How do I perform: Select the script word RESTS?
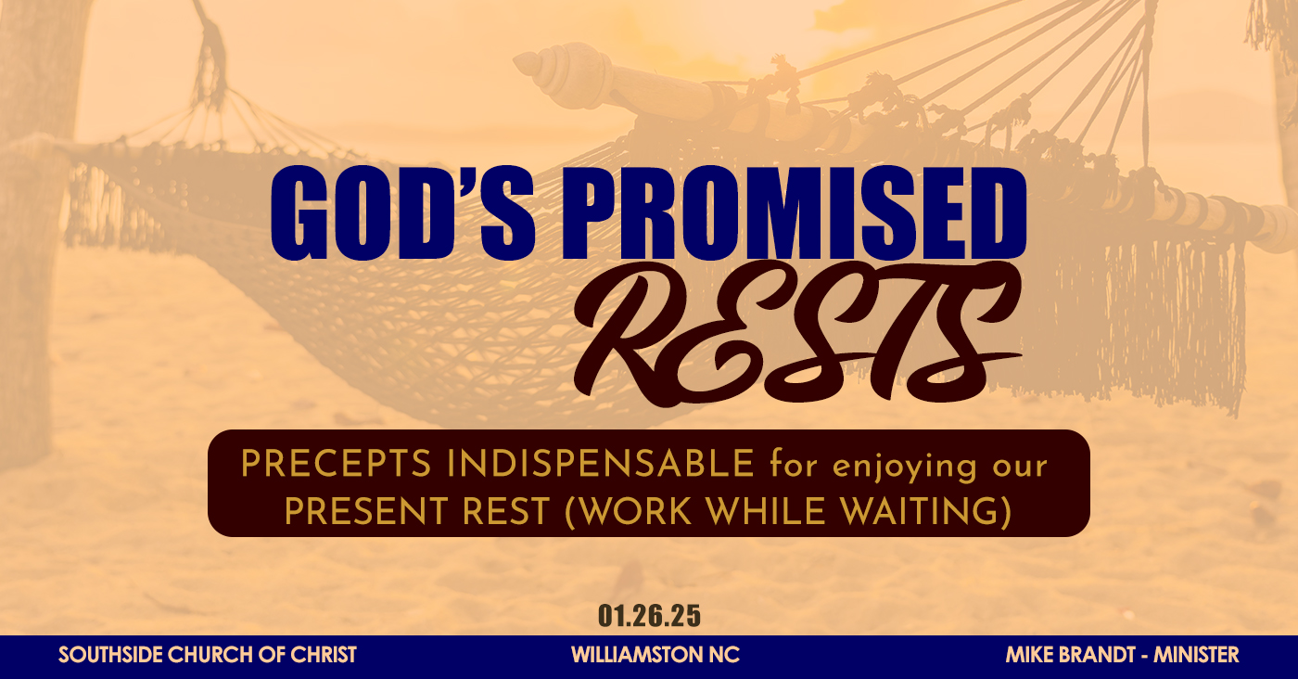click(796, 333)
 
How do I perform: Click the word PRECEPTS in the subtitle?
click(336, 465)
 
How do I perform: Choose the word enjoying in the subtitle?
click(905, 468)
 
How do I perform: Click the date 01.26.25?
click(649, 616)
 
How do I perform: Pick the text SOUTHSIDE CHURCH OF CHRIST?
click(208, 655)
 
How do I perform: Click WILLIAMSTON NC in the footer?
click(655, 655)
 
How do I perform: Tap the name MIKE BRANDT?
click(1070, 655)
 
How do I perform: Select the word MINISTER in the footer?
click(1196, 655)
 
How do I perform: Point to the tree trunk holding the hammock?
click(32, 232)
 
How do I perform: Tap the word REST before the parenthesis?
click(505, 511)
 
